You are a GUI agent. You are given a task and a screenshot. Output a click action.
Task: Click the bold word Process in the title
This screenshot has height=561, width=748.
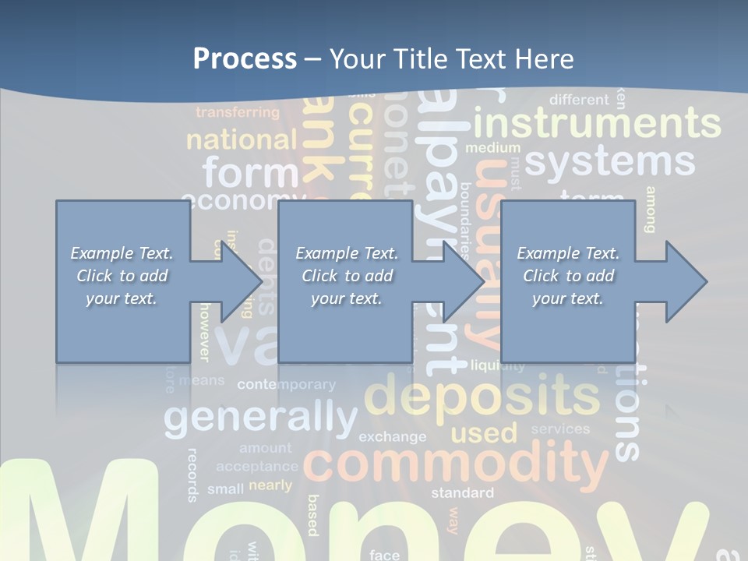pos(245,58)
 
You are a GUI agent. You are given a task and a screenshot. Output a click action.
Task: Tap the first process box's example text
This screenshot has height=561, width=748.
pos(122,276)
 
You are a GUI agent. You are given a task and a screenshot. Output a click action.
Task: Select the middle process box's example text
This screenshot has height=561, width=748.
pos(346,276)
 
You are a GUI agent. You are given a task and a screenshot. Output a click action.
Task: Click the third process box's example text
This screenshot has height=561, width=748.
pos(567,276)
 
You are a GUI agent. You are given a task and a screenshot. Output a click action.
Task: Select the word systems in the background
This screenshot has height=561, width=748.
pos(609,162)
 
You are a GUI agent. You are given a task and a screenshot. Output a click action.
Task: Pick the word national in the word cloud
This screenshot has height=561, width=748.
pos(242,140)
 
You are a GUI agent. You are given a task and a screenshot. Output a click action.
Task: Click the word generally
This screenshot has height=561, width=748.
pos(260,418)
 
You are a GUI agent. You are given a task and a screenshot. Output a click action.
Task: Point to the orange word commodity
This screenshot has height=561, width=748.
pos(456,463)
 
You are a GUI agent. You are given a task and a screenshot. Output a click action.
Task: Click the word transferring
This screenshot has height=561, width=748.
pos(237,112)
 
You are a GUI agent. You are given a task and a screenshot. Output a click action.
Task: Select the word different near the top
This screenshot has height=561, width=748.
pos(578,100)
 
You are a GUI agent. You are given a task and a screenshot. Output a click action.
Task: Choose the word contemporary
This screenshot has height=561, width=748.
pos(286,384)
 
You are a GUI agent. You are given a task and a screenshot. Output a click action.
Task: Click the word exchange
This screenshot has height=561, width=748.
pos(392,436)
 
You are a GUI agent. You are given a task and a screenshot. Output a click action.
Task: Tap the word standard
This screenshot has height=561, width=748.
pos(462,492)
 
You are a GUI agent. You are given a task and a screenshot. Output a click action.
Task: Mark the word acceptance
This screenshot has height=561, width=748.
pos(257,467)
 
